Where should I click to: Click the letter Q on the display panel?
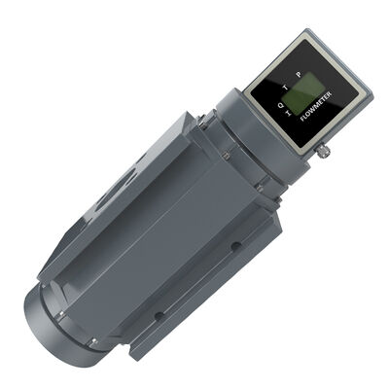[280, 105]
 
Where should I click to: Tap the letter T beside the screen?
[286, 88]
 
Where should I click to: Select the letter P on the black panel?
[300, 74]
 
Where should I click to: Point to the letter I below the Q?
[289, 113]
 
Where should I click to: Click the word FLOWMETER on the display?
[316, 106]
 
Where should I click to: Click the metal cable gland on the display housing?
[323, 151]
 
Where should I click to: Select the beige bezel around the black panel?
[308, 92]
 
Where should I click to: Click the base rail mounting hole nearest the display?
[235, 247]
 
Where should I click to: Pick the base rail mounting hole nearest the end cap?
[159, 315]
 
